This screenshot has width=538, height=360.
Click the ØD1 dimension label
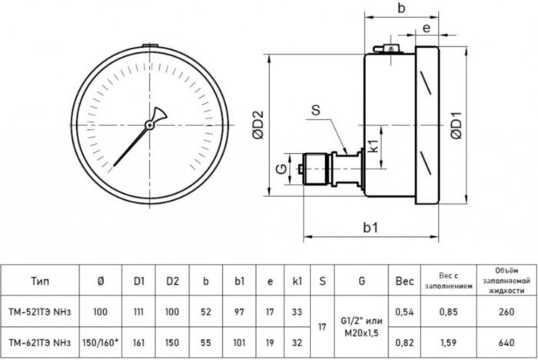456,125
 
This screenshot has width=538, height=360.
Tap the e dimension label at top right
425,28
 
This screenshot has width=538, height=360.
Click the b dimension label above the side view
400,8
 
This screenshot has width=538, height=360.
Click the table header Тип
42,282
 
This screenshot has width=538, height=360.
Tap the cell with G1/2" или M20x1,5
361,327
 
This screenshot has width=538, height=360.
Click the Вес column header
404,282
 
